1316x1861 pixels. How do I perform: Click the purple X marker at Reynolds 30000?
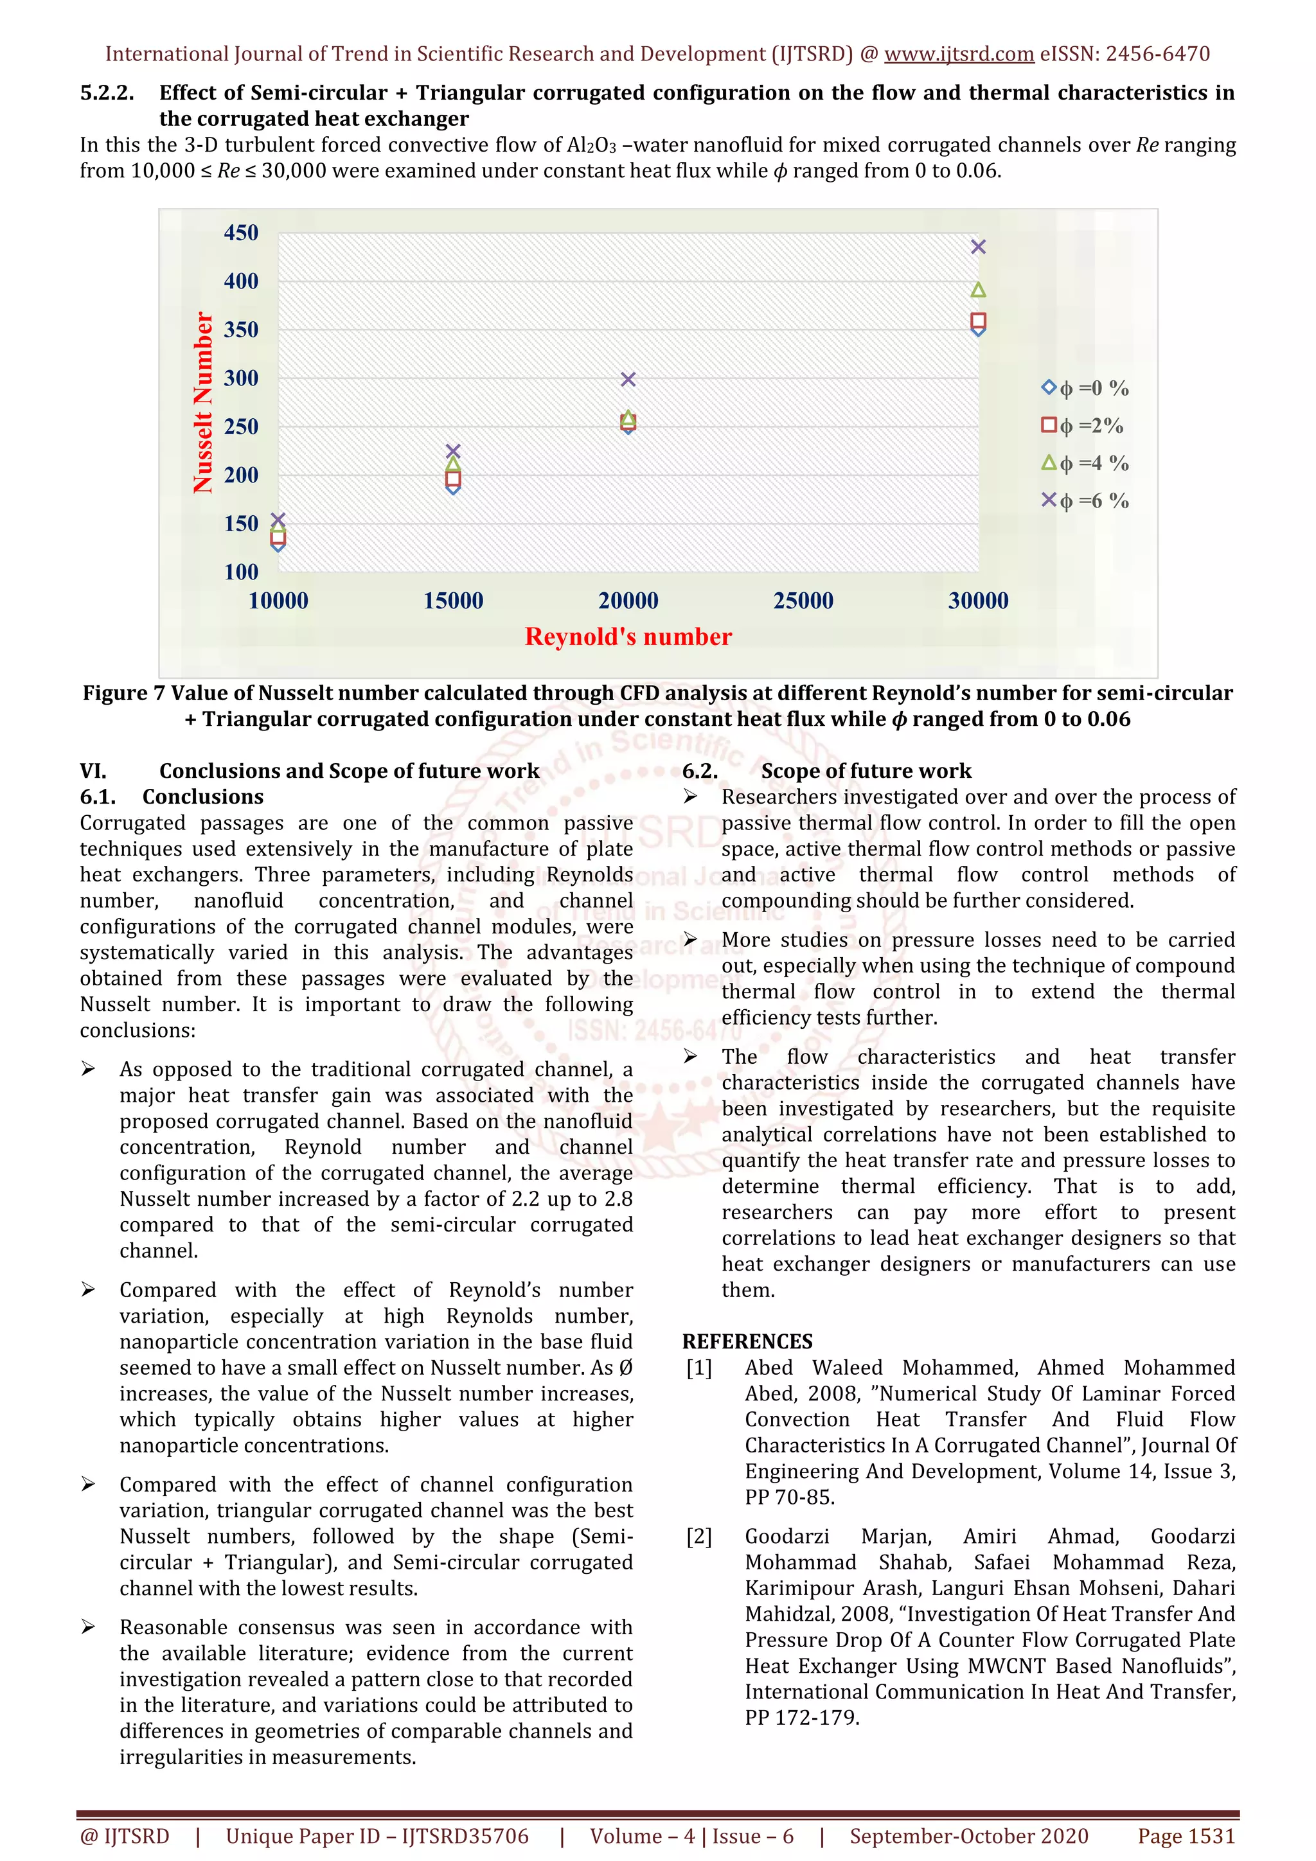978,247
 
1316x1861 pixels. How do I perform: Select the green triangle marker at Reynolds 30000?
978,289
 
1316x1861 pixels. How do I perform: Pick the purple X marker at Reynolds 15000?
453,451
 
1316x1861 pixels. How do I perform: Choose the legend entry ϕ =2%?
1083,425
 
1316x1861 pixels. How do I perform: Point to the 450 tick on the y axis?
241,233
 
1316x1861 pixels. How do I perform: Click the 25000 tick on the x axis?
803,601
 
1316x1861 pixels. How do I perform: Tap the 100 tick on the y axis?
241,572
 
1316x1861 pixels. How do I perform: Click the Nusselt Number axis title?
202,403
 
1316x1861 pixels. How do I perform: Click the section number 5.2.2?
106,93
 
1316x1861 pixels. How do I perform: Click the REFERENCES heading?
747,1341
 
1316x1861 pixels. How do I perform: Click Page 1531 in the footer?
1186,1836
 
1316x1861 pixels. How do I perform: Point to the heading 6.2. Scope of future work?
826,771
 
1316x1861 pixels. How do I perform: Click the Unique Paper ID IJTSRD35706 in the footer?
377,1836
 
